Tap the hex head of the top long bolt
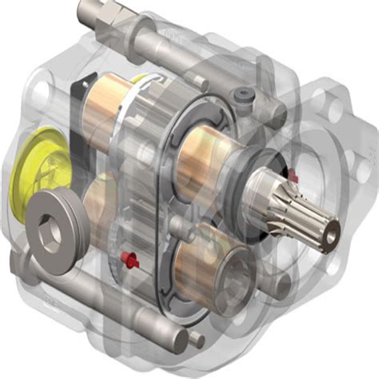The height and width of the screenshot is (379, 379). click(x=89, y=13)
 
